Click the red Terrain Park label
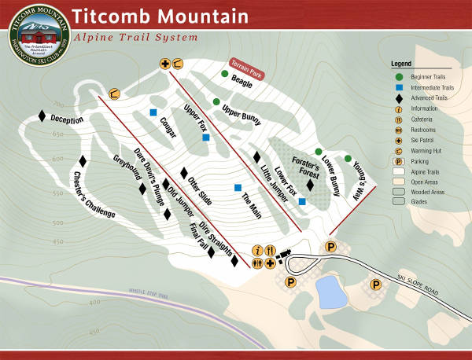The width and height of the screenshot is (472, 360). coord(246,68)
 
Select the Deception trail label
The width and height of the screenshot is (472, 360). coord(67,119)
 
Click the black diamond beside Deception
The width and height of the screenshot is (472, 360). coord(42,116)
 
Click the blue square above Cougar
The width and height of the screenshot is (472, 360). coord(154,112)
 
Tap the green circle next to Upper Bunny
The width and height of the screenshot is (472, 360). coord(215,101)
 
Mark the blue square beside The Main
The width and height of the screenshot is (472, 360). coord(238,187)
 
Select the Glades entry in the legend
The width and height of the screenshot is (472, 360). coord(419,201)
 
